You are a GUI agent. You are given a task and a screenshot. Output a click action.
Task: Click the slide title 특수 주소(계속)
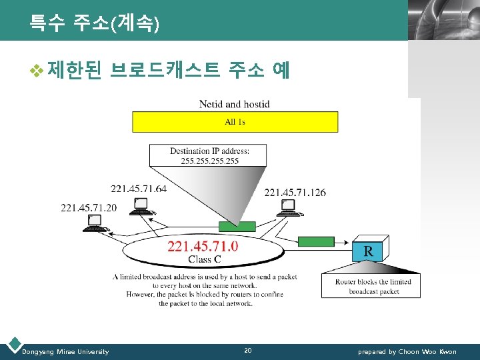tap(94, 25)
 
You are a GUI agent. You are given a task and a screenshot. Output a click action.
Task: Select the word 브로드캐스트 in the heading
tap(165, 70)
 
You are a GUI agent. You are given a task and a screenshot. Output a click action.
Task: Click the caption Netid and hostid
tap(235, 104)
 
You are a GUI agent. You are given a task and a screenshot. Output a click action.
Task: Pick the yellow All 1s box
tap(235, 122)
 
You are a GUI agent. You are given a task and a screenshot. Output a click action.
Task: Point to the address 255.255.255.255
tap(209, 161)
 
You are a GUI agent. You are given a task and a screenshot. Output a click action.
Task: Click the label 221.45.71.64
tap(139, 189)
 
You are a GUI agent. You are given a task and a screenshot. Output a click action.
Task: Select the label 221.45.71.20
tap(89, 207)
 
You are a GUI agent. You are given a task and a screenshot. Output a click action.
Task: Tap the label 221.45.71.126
tap(295, 193)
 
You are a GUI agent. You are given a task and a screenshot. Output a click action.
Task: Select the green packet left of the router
tap(315, 241)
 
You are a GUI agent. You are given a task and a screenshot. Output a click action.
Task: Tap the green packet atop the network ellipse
tap(237, 227)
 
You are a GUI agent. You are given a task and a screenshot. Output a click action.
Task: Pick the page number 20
tap(248, 351)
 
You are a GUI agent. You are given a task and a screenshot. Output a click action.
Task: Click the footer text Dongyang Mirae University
tap(65, 351)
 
